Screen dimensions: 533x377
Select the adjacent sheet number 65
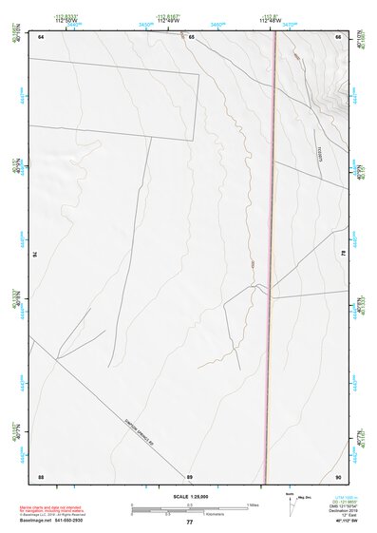191,36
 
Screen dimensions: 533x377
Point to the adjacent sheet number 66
338,36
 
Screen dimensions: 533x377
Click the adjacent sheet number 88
41,475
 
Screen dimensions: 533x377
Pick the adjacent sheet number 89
190,475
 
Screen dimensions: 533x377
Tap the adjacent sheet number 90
338,475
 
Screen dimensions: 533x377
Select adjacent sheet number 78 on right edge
344,255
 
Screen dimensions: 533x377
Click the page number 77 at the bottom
189,523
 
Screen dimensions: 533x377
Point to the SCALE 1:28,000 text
189,496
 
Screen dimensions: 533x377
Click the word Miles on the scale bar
252,504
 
